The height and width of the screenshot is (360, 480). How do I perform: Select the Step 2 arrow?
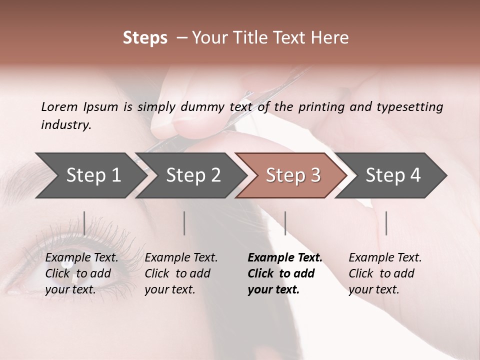(x=193, y=175)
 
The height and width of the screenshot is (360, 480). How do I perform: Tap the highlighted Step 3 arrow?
(x=293, y=175)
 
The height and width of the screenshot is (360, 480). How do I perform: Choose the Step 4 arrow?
(x=393, y=175)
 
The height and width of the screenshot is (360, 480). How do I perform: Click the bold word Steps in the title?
(x=145, y=38)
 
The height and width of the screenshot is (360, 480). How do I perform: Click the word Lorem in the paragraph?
(x=59, y=106)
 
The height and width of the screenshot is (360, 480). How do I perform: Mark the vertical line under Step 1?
(x=84, y=223)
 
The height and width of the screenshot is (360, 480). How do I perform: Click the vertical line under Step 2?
(x=184, y=223)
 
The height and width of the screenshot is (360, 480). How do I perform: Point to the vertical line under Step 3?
(x=285, y=223)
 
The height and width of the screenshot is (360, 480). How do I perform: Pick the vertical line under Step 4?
(x=386, y=223)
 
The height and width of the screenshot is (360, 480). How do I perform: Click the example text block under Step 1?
(x=81, y=273)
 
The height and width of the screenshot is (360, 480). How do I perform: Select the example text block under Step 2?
(x=181, y=273)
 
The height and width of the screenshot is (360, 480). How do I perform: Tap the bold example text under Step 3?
(x=285, y=273)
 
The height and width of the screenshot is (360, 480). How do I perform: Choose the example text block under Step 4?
(x=385, y=273)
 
